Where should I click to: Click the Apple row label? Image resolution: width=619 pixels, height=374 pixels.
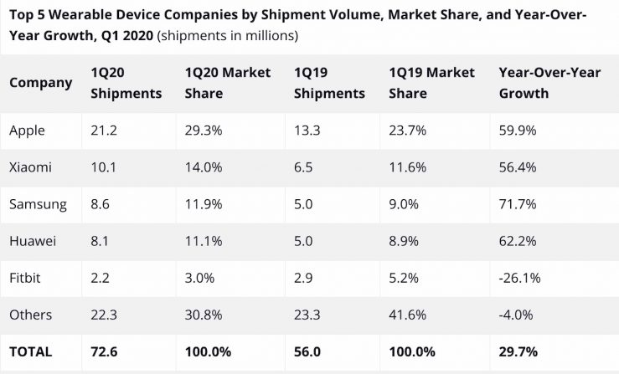27,130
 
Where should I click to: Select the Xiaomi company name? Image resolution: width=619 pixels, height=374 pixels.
30,167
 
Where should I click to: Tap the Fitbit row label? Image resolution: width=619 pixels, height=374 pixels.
25,278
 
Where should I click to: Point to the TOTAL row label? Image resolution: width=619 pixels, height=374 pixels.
31,351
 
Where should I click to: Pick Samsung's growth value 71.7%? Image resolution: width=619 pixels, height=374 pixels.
517,203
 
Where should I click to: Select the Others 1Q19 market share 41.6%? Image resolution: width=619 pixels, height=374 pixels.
408,315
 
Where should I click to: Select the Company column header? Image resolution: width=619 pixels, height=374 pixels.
40,83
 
